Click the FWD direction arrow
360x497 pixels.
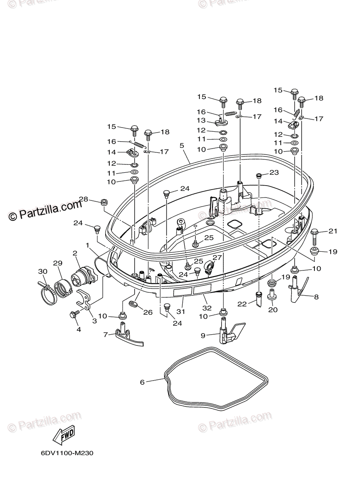point(63,434)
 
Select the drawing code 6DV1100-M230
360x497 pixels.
point(67,453)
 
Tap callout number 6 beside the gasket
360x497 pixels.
point(143,382)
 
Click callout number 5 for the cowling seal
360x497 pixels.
point(181,145)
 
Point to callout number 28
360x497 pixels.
point(84,200)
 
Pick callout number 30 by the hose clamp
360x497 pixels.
point(42,271)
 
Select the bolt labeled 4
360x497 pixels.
point(74,315)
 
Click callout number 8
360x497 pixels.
point(316,297)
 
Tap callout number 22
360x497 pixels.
point(242,304)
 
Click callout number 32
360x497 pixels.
point(207,308)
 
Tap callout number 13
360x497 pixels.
point(201,121)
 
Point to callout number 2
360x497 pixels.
point(75,253)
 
